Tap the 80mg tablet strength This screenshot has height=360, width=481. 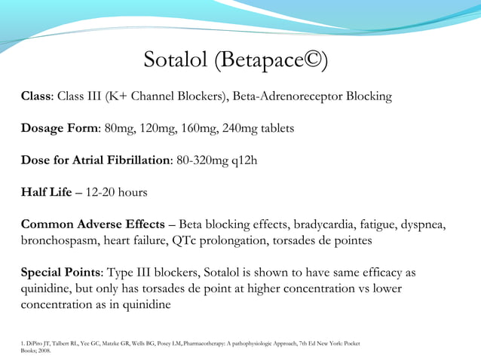coord(119,128)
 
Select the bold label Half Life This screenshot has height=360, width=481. coord(47,192)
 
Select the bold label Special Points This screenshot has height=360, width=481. coord(62,273)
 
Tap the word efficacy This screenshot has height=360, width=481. coord(381,273)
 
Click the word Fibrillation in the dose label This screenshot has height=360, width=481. coord(134,160)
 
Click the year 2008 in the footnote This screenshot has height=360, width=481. coord(44,350)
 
